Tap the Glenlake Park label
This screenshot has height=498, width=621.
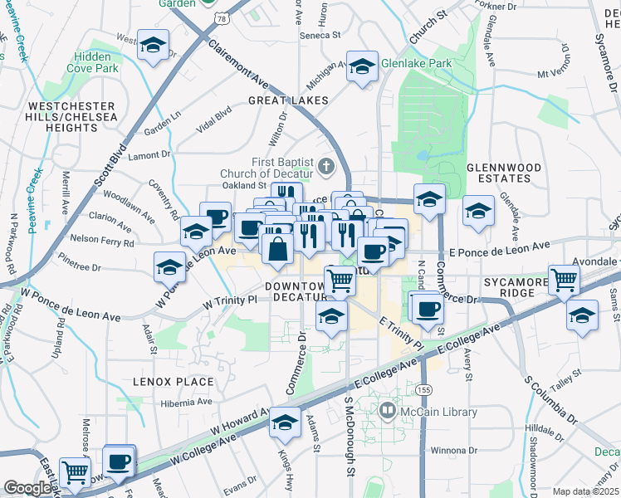416,62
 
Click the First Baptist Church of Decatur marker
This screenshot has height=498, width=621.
325,167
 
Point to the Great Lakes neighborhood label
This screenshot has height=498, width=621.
287,100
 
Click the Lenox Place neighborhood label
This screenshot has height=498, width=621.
173,382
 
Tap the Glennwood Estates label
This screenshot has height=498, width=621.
504,173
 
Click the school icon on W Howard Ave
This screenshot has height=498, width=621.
285,423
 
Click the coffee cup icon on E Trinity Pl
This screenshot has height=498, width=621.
428,307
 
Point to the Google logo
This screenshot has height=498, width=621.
28,488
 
